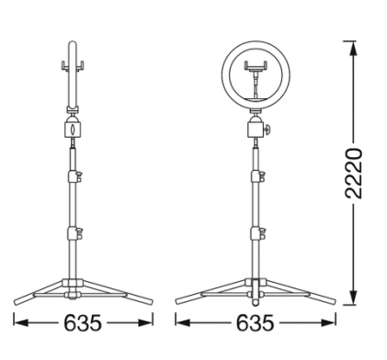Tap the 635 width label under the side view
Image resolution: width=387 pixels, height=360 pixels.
83,322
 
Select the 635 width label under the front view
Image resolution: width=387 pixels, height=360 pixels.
254,322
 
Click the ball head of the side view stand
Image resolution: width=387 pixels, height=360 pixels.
73,127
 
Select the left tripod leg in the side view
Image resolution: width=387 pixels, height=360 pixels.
41,293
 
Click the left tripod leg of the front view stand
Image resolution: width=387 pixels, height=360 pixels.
207,294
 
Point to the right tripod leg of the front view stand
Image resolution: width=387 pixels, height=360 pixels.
303,294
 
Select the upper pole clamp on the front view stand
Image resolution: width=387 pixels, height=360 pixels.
257,175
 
